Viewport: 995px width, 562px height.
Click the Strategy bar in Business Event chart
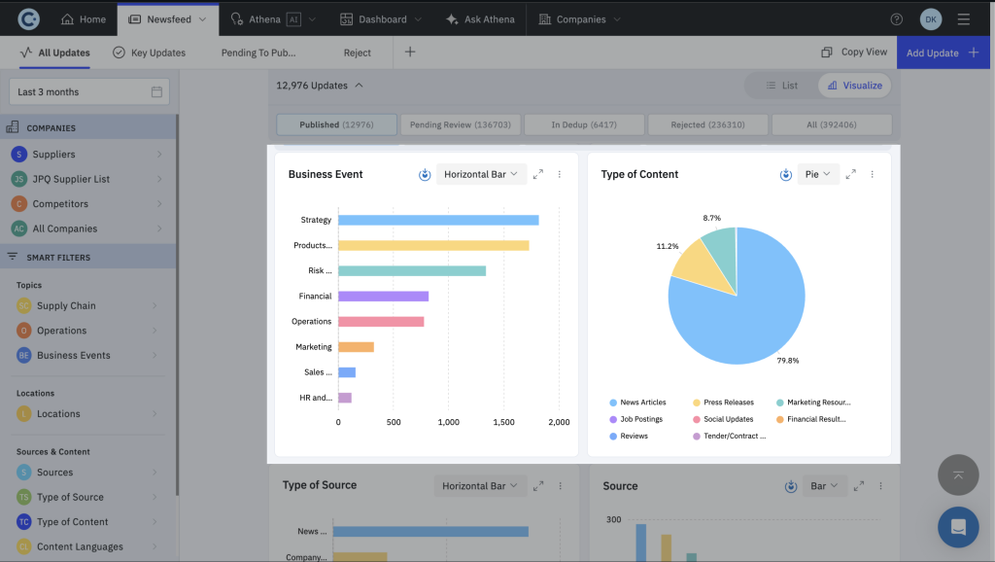[x=438, y=220]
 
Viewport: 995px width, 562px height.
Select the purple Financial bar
[x=383, y=296]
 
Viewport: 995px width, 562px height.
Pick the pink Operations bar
[x=381, y=321]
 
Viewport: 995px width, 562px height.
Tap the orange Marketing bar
[x=356, y=346]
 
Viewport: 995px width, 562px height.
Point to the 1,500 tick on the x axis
[x=503, y=423]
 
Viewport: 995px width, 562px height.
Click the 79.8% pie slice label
[x=788, y=361]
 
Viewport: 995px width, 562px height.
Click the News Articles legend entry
[x=642, y=403]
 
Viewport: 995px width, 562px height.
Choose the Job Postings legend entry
[x=640, y=419]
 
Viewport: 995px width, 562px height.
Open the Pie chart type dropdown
[x=818, y=174]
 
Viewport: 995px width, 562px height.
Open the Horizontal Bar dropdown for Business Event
[x=481, y=174]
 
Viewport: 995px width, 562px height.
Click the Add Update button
[x=942, y=53]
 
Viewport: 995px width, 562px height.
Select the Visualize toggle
[x=854, y=86]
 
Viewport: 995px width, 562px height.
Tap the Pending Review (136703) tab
[x=461, y=124]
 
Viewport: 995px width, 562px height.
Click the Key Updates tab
[x=150, y=53]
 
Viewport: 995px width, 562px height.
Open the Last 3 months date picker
[x=88, y=91]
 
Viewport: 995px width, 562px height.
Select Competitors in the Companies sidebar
[x=60, y=204]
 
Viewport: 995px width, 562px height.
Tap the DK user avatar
[x=930, y=19]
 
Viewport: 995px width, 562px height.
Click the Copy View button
[x=854, y=53]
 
